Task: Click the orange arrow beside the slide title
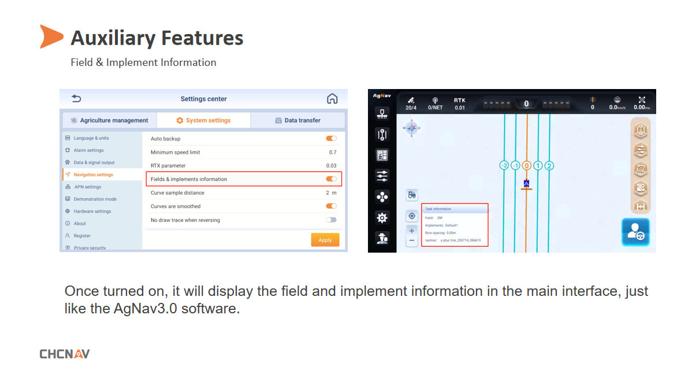click(51, 36)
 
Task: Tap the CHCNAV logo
click(65, 354)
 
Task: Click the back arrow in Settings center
click(76, 99)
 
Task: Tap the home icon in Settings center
click(332, 99)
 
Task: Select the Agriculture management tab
click(109, 120)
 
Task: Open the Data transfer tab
click(297, 120)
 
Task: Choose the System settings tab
click(203, 120)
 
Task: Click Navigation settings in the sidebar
click(93, 175)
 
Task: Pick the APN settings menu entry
click(87, 187)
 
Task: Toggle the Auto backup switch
click(331, 139)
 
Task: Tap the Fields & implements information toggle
click(331, 179)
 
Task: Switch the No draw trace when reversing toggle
click(331, 220)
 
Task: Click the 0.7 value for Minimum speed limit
click(333, 152)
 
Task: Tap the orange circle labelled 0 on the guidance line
click(526, 166)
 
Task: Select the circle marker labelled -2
click(504, 166)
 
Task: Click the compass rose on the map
click(412, 128)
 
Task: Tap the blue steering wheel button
click(635, 232)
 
